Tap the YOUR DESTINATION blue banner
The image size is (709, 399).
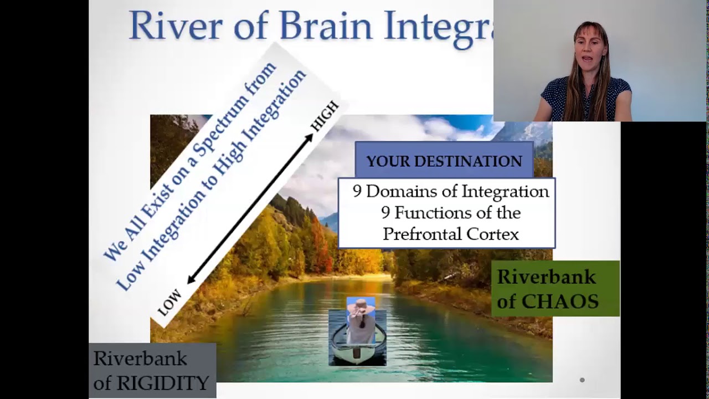(444, 161)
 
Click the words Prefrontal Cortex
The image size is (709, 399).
(450, 234)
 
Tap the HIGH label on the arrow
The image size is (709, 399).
(324, 117)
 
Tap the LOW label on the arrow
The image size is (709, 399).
(169, 303)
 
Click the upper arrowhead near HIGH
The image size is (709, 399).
(309, 137)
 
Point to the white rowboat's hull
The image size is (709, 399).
(357, 352)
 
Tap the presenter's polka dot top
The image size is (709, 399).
(587, 100)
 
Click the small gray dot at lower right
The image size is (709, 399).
(582, 380)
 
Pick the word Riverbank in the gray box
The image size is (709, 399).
(140, 359)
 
